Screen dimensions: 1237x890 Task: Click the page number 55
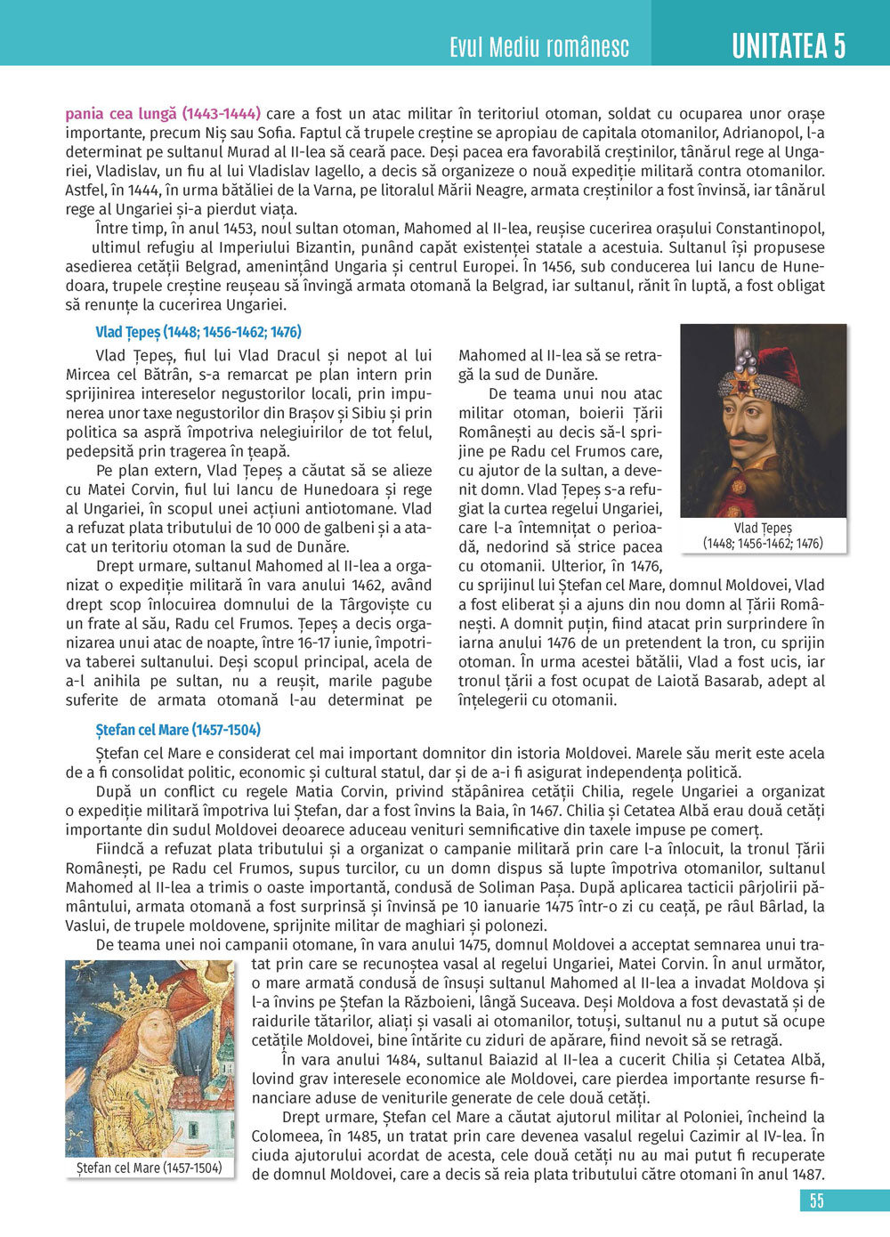coord(816,1201)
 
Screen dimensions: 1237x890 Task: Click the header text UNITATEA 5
coord(788,46)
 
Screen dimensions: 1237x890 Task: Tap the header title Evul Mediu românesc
coord(539,47)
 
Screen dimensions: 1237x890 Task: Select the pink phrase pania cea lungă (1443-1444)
coord(163,114)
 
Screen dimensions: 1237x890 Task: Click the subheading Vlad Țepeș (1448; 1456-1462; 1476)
coord(198,332)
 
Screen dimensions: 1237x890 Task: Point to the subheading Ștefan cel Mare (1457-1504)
coord(178,730)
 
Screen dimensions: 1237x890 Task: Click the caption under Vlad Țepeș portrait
coord(763,536)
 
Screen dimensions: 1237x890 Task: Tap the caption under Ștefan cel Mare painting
coord(149,1168)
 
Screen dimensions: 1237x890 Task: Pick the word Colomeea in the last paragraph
coord(287,1136)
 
